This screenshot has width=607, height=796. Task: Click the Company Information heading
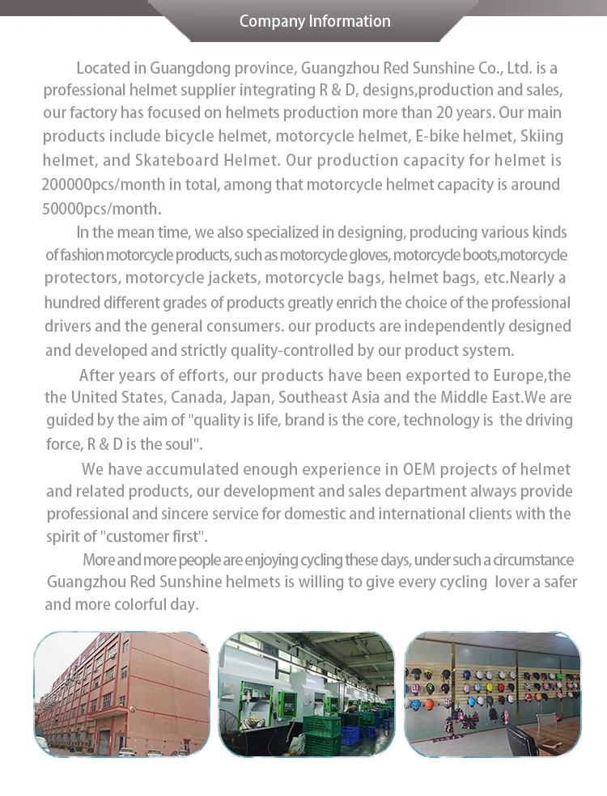click(315, 21)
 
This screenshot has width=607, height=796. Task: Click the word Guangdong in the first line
click(185, 67)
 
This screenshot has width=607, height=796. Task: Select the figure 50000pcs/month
click(102, 208)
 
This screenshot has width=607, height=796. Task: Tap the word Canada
click(244, 397)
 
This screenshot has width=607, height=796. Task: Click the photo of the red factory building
click(121, 694)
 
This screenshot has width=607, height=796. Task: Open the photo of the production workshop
click(307, 694)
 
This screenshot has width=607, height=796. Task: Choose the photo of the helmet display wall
click(492, 694)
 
